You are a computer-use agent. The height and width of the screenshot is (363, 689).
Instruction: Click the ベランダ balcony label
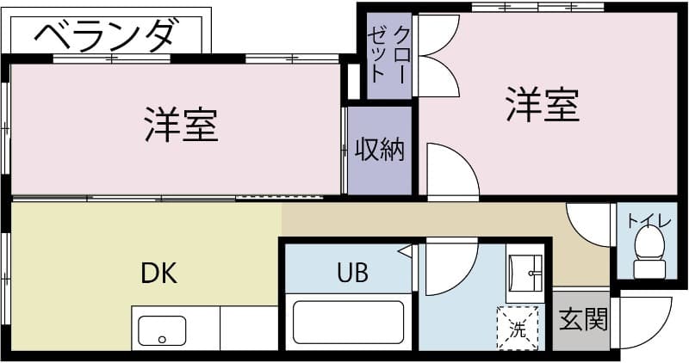(x=107, y=35)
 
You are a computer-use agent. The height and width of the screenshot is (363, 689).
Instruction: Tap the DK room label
(x=159, y=274)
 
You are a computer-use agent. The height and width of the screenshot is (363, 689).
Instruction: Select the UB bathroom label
(x=352, y=274)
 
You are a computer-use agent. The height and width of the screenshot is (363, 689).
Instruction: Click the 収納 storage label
(x=380, y=150)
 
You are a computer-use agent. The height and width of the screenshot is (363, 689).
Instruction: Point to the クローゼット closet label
(x=389, y=53)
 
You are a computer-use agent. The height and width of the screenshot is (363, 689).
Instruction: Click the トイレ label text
(x=649, y=220)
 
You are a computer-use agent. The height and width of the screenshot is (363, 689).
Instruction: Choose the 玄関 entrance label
(x=583, y=320)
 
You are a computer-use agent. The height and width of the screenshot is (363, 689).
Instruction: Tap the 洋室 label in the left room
(x=181, y=126)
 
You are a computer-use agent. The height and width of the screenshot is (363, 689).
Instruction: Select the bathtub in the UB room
(x=348, y=322)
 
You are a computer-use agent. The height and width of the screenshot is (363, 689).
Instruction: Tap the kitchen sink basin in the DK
(x=162, y=330)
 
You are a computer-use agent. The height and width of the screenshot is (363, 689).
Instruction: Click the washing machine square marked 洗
(x=517, y=328)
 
